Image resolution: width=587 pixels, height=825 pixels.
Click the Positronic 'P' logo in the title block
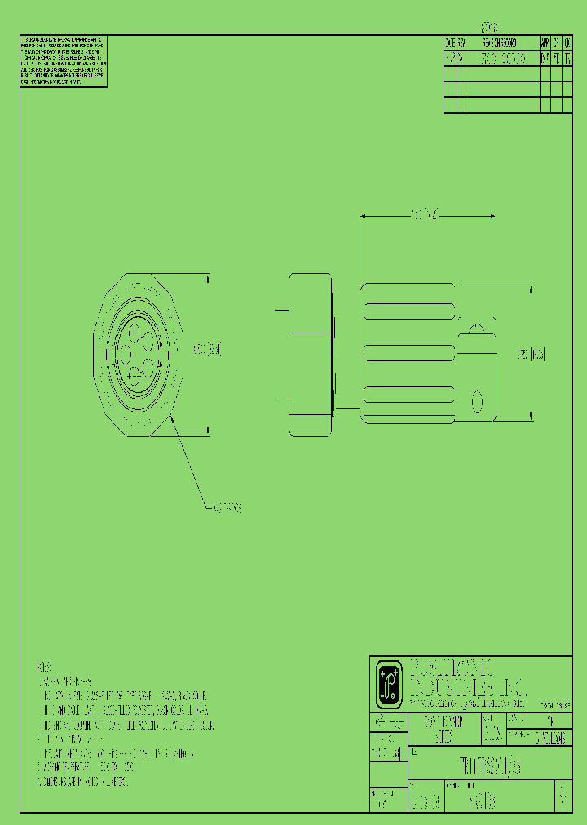click(390, 684)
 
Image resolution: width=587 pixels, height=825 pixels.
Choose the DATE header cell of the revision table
click(449, 44)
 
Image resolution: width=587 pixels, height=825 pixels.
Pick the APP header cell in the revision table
click(545, 44)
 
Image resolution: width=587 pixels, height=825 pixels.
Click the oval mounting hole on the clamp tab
click(479, 402)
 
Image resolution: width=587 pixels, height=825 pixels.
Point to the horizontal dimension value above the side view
click(426, 215)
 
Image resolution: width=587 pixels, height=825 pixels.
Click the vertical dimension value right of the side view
click(532, 355)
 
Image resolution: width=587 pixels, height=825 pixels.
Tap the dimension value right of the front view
click(207, 350)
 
